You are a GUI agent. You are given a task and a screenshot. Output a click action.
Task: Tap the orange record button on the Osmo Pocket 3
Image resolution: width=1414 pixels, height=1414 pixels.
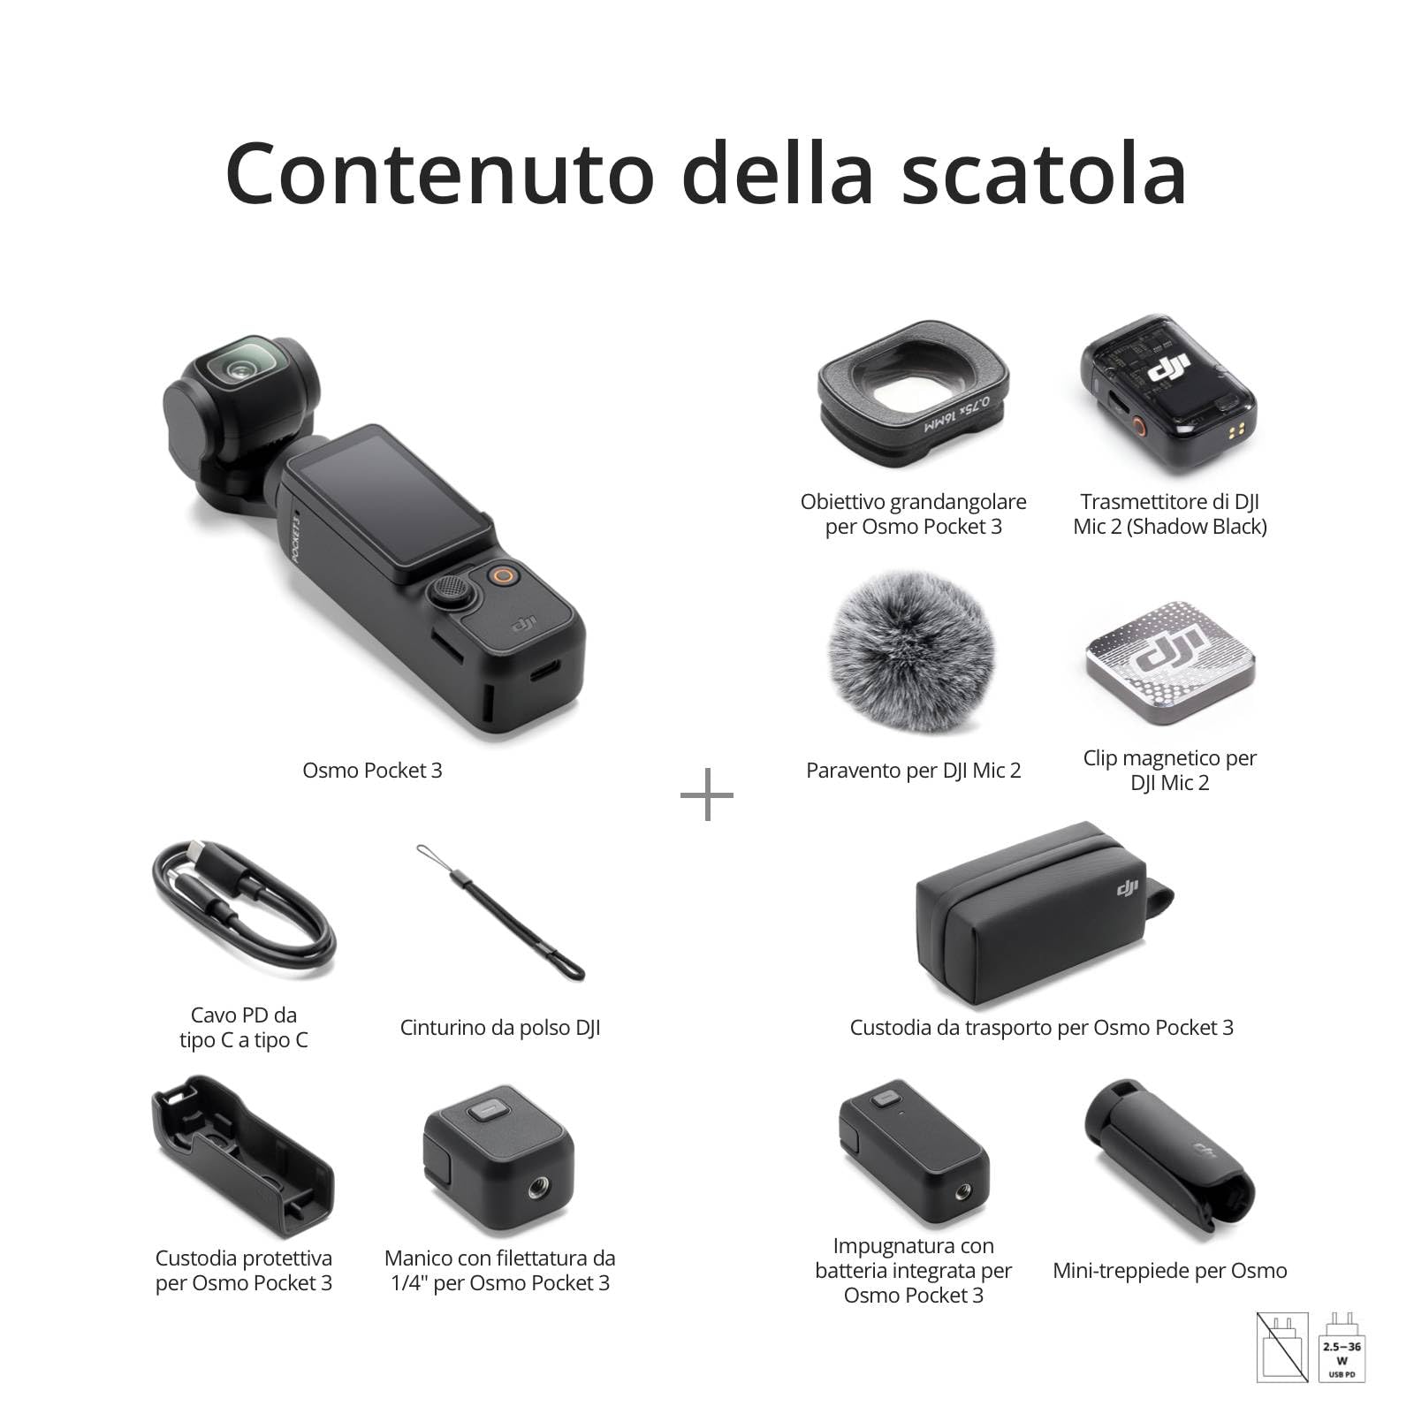coord(503,576)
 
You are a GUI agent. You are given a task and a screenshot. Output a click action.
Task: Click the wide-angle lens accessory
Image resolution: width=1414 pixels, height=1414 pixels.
coord(913,390)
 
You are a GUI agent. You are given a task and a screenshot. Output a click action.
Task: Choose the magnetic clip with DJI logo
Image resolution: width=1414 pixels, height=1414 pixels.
coord(1170,663)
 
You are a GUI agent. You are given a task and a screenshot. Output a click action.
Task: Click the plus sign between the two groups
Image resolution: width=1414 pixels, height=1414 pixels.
coord(707,794)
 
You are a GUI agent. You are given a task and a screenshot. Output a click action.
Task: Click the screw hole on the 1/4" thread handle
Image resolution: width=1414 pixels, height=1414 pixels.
coord(536,1191)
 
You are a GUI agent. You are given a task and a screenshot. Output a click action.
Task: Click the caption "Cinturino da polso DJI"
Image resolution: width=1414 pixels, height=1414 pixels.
coord(500,1028)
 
